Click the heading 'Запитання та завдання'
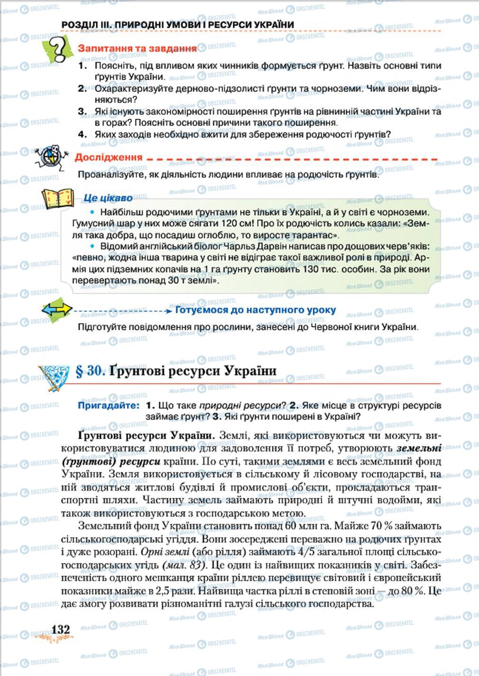coord(137,48)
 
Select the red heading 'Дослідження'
coord(108,157)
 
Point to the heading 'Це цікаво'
coord(108,198)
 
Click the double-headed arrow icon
coord(57,310)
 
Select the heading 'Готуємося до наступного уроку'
coord(255,310)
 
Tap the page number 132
coord(60,630)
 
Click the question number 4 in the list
coord(81,135)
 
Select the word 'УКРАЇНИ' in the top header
coord(272,25)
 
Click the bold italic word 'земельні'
coord(419,448)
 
